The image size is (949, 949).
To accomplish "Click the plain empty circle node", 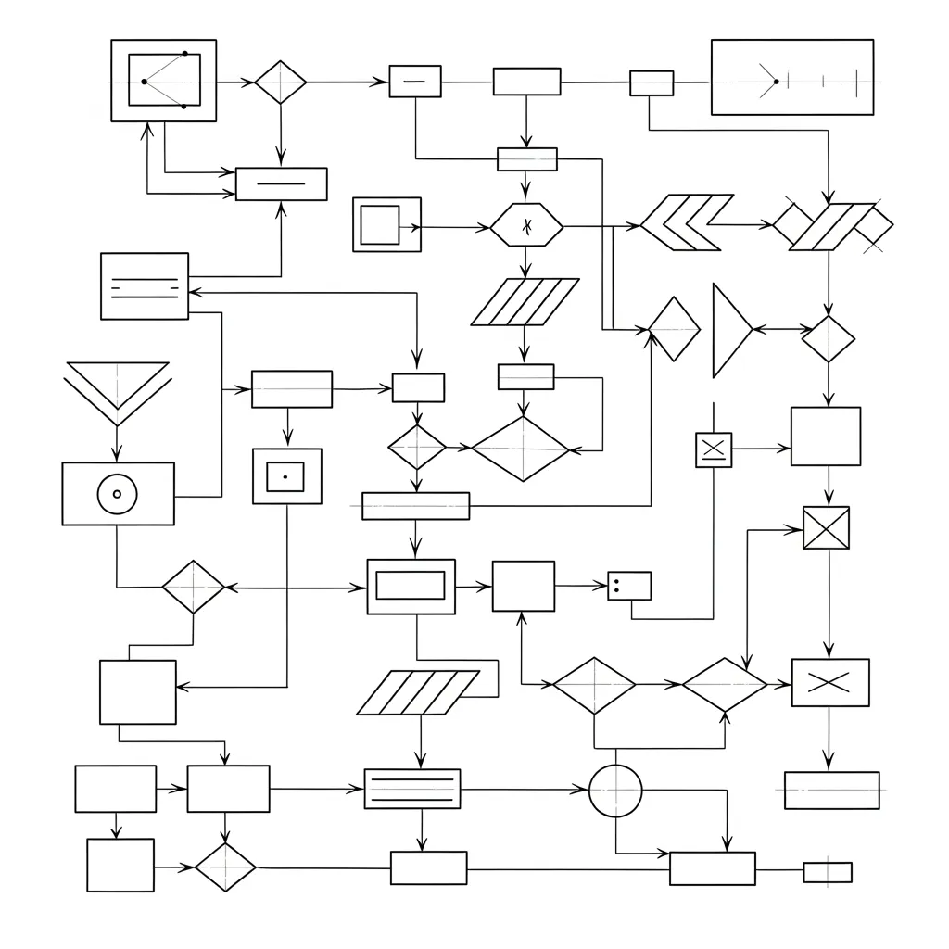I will [615, 791].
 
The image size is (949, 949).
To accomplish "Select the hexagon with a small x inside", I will [526, 225].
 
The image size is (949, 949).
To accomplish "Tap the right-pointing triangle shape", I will [729, 331].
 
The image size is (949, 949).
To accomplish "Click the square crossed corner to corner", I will [826, 528].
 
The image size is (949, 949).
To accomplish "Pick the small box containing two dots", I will [629, 586].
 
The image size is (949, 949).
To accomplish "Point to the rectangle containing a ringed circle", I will [118, 494].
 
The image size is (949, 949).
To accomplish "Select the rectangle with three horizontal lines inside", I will [412, 789].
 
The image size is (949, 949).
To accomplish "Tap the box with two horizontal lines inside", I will [144, 286].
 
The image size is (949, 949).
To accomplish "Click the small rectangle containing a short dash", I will [414, 82].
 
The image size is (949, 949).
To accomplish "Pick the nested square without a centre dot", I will [386, 224].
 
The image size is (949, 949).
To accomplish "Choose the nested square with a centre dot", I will [286, 476].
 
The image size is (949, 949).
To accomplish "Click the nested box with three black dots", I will [163, 81].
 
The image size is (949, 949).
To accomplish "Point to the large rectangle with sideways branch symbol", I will [791, 77].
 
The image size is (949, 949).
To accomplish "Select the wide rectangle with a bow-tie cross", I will [830, 683].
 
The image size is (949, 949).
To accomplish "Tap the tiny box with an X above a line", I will [714, 449].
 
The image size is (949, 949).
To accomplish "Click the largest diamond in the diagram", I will [521, 449].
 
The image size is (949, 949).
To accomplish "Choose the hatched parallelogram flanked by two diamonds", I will [832, 226].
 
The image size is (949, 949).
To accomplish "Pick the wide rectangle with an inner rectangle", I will [411, 586].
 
